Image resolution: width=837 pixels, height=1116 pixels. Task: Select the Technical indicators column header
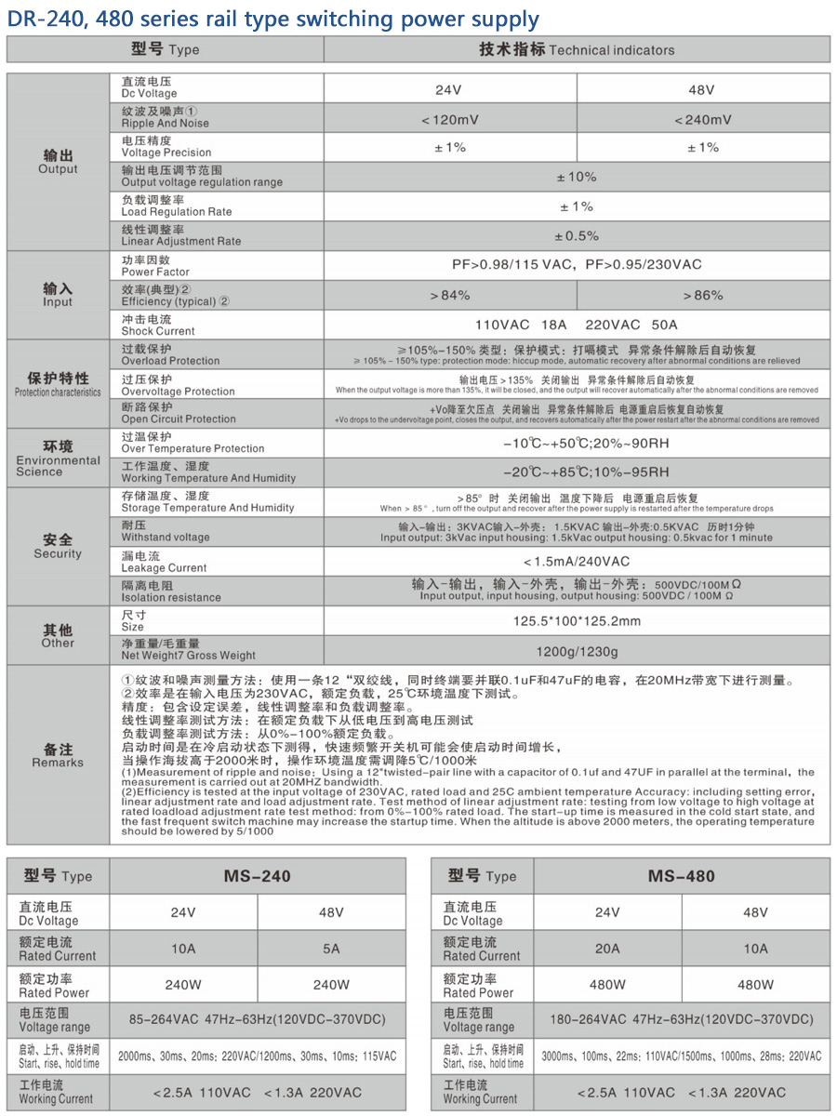[577, 49]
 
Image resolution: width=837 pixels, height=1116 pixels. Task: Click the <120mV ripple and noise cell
[450, 119]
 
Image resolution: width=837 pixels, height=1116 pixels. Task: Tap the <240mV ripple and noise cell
[703, 119]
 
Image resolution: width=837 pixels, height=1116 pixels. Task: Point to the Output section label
[58, 162]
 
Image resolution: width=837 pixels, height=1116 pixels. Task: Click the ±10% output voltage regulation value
[577, 177]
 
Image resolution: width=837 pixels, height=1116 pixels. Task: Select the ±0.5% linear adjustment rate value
[577, 236]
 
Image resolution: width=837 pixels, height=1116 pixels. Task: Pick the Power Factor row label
[155, 266]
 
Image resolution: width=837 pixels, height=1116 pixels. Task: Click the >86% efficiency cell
[703, 295]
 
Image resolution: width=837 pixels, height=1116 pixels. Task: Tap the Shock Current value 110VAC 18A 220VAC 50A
[577, 325]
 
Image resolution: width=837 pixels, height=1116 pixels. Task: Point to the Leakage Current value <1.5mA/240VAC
[577, 562]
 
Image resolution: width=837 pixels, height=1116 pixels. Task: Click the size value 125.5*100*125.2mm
[577, 621]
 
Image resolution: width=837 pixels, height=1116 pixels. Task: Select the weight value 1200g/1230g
[577, 651]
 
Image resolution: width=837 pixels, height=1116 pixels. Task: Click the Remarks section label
[58, 755]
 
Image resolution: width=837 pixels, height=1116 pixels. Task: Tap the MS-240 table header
[257, 876]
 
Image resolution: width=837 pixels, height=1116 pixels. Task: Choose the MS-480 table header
[681, 876]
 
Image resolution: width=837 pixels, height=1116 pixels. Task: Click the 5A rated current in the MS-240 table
[331, 949]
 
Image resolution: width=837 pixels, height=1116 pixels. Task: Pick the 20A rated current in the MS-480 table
[607, 949]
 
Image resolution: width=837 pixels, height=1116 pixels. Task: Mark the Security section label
[58, 546]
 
